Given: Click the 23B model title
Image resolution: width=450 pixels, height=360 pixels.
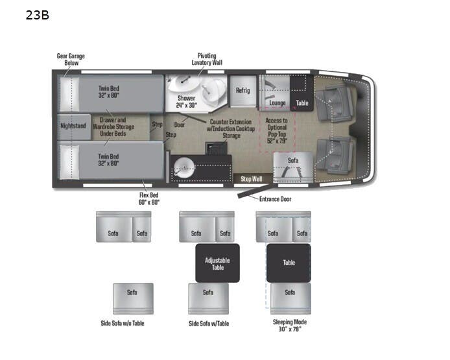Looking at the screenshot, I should pyautogui.click(x=37, y=14).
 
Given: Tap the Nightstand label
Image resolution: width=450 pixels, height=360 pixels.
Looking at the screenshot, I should pyautogui.click(x=73, y=126).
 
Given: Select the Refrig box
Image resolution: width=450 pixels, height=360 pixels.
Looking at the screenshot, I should pyautogui.click(x=243, y=91).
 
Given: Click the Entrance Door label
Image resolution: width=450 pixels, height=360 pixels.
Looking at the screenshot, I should pyautogui.click(x=275, y=198).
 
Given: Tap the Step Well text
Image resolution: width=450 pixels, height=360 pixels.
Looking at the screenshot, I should pyautogui.click(x=251, y=178).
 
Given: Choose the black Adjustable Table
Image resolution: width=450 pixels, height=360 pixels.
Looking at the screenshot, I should pyautogui.click(x=217, y=263).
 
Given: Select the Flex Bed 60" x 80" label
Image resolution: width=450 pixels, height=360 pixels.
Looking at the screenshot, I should pyautogui.click(x=148, y=198).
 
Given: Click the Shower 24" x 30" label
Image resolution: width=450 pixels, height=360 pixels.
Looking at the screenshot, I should pyautogui.click(x=186, y=101).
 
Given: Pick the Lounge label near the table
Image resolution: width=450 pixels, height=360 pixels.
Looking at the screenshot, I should pyautogui.click(x=277, y=103).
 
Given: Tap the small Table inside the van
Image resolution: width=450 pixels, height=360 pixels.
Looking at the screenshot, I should pyautogui.click(x=302, y=103).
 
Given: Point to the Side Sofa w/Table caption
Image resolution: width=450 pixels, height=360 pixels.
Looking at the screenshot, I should pyautogui.click(x=208, y=323).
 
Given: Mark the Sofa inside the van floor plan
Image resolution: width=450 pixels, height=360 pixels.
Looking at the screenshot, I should pyautogui.click(x=293, y=160).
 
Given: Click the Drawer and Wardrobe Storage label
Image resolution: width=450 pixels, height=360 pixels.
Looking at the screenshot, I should pyautogui.click(x=117, y=126).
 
